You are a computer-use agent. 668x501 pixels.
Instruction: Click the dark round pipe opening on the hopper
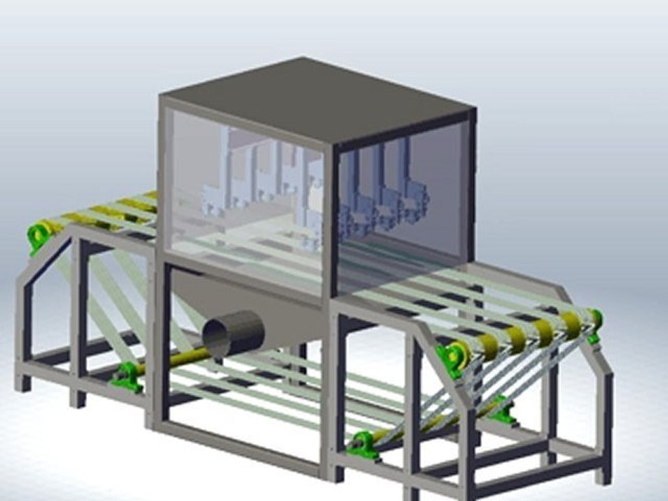[233, 334]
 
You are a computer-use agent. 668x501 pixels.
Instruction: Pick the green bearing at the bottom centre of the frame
[363, 445]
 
